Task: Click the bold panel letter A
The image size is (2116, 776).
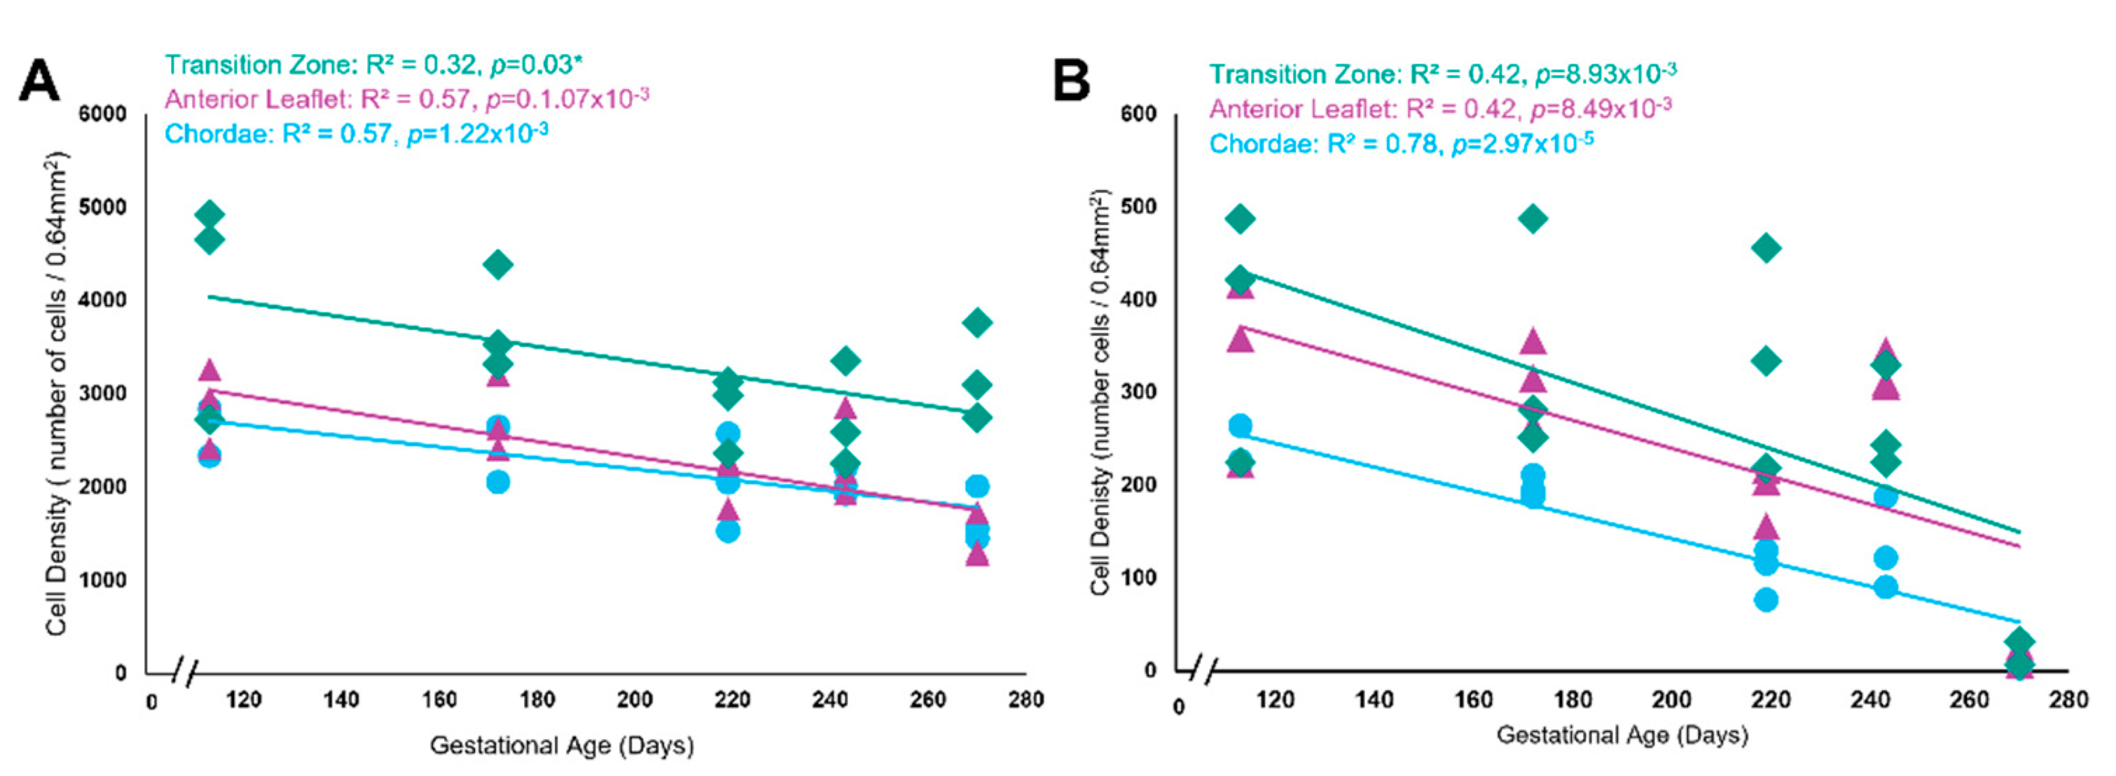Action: [x=39, y=81]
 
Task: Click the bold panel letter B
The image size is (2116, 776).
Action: [x=1071, y=81]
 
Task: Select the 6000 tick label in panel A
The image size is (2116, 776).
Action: [x=103, y=114]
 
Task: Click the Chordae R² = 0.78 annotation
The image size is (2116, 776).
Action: [x=1401, y=144]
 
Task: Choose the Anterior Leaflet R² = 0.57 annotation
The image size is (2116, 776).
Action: [x=407, y=99]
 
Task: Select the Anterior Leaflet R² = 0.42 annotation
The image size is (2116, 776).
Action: [x=1440, y=109]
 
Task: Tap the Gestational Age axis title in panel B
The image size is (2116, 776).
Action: [x=1621, y=734]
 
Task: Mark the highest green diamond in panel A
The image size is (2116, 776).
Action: [x=209, y=215]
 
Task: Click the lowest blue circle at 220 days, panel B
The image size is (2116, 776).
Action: [x=1766, y=600]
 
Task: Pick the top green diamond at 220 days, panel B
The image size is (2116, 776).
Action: [x=1766, y=248]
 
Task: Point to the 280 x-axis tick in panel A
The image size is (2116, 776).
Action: [x=1026, y=700]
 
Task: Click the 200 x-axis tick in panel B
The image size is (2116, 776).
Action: [x=1671, y=700]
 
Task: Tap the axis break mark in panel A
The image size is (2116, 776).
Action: [x=186, y=673]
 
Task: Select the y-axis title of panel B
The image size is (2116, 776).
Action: [x=1100, y=392]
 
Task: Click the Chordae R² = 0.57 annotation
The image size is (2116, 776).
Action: [x=357, y=133]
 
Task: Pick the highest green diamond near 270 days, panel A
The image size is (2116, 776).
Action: [x=976, y=323]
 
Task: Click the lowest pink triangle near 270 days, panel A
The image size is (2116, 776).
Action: [x=976, y=554]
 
